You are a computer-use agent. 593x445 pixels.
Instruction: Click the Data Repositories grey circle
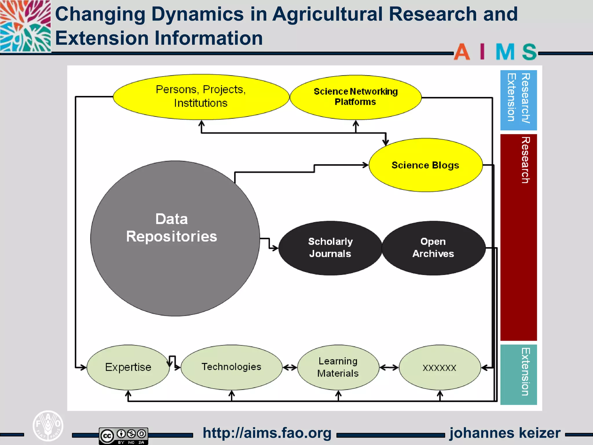tap(175, 238)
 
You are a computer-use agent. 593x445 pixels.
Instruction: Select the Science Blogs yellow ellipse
tap(426, 165)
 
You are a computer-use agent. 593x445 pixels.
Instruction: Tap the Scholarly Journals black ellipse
tap(330, 248)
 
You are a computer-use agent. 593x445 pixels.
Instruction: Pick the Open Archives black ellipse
tap(433, 248)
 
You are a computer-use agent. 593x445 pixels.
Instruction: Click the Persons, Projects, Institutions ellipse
tap(201, 97)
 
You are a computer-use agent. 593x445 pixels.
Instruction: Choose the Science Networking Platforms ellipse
tap(356, 97)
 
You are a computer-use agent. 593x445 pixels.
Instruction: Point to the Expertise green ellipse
tap(128, 367)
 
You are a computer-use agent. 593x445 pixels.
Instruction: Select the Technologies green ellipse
tap(231, 367)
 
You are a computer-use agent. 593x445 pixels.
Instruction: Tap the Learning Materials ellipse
tap(338, 367)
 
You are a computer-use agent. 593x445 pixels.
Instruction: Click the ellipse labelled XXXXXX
tap(440, 368)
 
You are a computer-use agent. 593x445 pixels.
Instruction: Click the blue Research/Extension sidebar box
tap(518, 100)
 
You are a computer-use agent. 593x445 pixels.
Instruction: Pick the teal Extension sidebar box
tap(518, 374)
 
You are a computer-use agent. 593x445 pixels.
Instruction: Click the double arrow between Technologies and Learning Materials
tap(290, 368)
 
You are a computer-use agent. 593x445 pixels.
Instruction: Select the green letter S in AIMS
tap(529, 52)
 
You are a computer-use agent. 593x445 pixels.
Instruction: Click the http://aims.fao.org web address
tap(267, 433)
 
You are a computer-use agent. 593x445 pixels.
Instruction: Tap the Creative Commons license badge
tap(123, 435)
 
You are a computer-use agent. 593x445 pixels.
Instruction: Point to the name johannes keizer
tap(505, 433)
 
